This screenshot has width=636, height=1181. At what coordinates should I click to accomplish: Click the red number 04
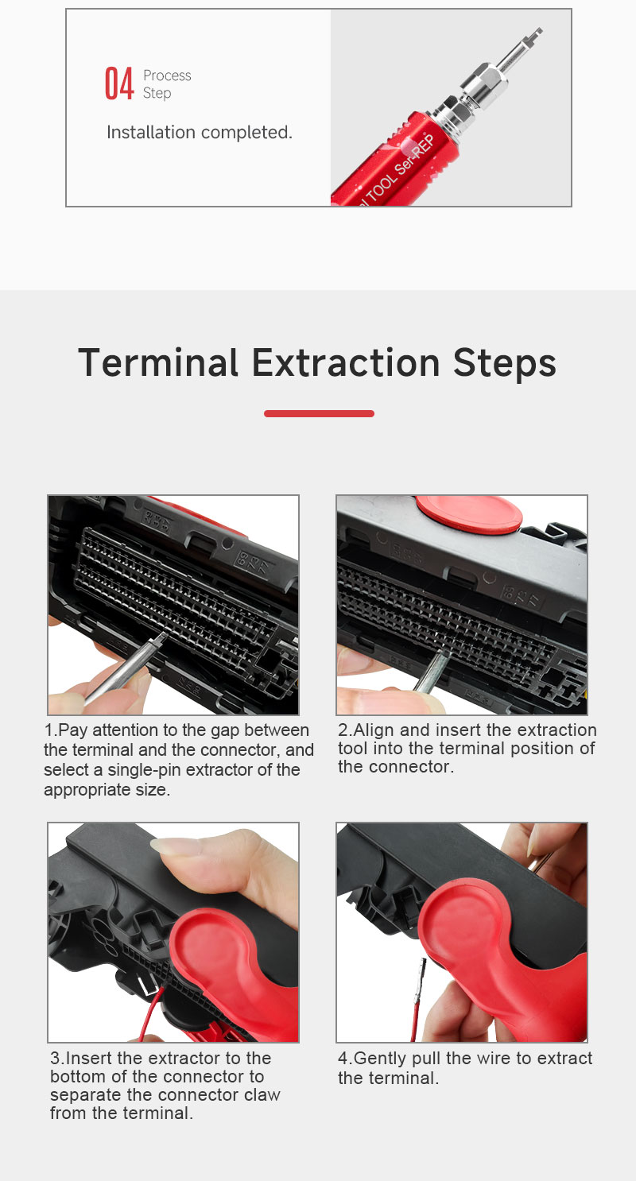click(119, 83)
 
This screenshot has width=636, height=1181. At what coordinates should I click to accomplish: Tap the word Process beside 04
click(167, 76)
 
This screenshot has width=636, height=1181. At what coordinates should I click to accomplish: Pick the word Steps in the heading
click(505, 364)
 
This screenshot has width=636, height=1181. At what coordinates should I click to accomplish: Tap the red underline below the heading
click(319, 413)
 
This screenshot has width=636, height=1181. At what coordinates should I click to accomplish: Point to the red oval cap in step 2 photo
click(468, 513)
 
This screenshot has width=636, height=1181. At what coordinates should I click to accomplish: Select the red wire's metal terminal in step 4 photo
click(421, 978)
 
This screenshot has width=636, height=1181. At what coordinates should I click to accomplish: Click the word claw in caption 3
click(262, 1094)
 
